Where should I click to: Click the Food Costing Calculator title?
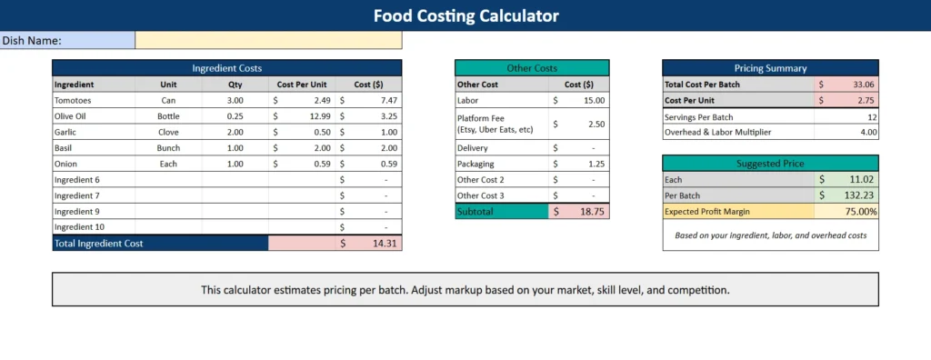point(465,15)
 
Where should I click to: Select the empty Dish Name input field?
point(268,40)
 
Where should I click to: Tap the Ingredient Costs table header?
point(226,68)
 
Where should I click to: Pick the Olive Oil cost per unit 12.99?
point(315,116)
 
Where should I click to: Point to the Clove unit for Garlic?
point(168,132)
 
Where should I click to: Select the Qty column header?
point(235,84)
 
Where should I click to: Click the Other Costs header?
point(532,68)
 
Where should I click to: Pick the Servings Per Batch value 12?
point(871,116)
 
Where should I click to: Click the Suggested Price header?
point(770,164)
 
